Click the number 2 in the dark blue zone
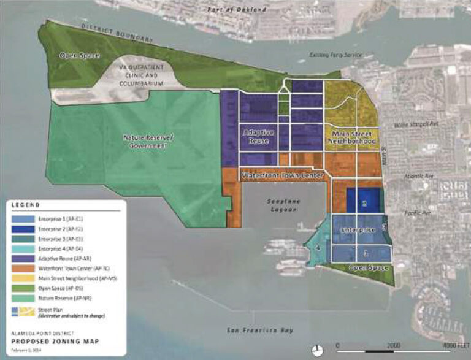(364, 202)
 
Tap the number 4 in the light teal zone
(318, 248)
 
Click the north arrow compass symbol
(316, 350)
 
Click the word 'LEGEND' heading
(25, 204)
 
